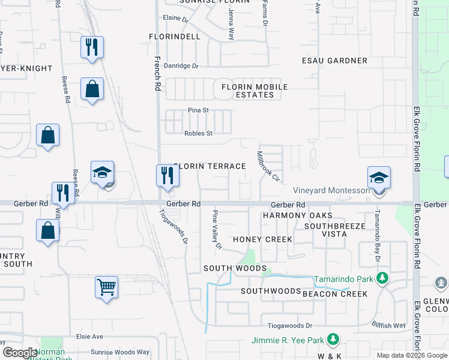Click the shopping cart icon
pyautogui.click(x=106, y=287)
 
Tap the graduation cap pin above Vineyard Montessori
pyautogui.click(x=379, y=178)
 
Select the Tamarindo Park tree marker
pyautogui.click(x=382, y=278)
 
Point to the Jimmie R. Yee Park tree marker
pyautogui.click(x=332, y=340)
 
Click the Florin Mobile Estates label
pyautogui.click(x=255, y=91)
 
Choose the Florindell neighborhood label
pyautogui.click(x=175, y=37)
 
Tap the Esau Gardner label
pyautogui.click(x=335, y=61)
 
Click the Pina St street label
pyautogui.click(x=197, y=110)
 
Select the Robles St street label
pyautogui.click(x=198, y=133)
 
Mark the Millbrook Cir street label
pyautogui.click(x=268, y=166)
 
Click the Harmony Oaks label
pyautogui.click(x=293, y=215)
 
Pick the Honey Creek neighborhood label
pyautogui.click(x=262, y=239)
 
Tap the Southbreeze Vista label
pyautogui.click(x=327, y=230)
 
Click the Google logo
pyautogui.click(x=20, y=353)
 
